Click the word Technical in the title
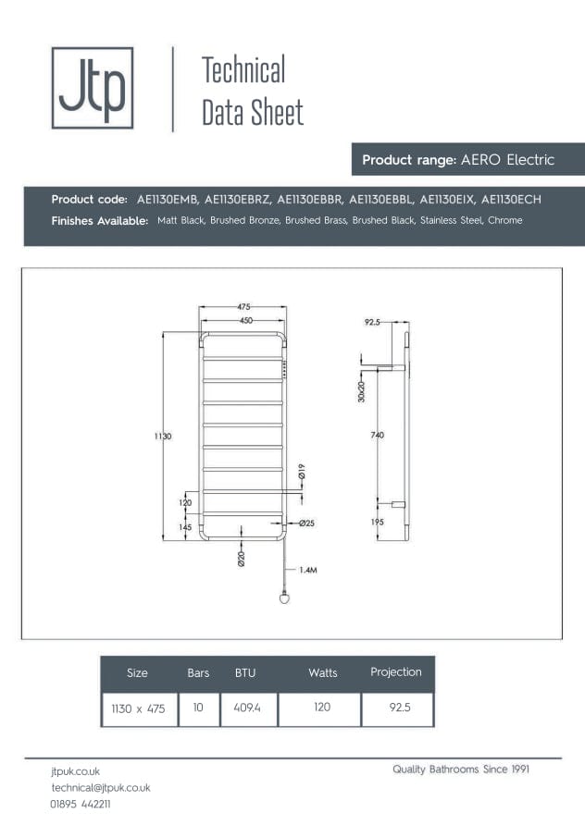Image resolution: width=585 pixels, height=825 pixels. coord(243,70)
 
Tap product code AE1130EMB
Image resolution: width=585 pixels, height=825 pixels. coord(168,199)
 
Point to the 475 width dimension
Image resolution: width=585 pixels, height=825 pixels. coord(243,307)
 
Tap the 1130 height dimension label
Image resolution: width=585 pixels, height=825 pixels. coord(163,436)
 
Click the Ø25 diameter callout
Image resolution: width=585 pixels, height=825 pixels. coord(307,523)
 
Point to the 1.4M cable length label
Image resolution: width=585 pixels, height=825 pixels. coord(308,571)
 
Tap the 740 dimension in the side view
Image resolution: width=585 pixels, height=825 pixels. coord(377,436)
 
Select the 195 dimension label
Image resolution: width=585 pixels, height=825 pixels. coord(377,523)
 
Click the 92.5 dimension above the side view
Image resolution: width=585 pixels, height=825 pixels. coord(372,323)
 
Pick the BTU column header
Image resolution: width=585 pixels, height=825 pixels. coord(245,673)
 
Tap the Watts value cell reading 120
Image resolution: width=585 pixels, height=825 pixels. coord(322,708)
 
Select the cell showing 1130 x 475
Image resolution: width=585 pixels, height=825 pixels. coord(139,708)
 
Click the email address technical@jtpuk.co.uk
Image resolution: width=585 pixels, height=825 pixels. coord(101,787)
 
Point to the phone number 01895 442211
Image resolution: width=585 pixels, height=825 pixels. coord(81,804)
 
